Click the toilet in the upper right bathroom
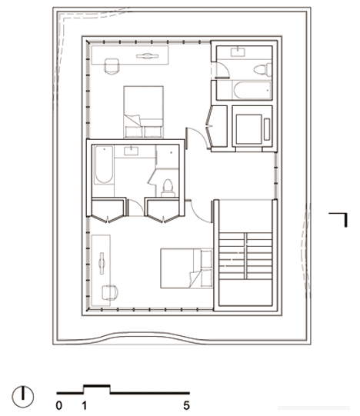pyautogui.click(x=262, y=70)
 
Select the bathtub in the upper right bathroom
pyautogui.click(x=252, y=90)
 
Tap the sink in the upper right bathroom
pyautogui.click(x=238, y=52)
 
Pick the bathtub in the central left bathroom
pyautogui.click(x=104, y=165)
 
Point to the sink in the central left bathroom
pyautogui.click(x=131, y=151)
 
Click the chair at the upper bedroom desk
pyautogui.click(x=112, y=66)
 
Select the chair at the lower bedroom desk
pyautogui.click(x=110, y=293)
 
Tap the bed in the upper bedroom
pyautogui.click(x=143, y=112)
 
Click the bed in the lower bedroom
pyautogui.click(x=187, y=268)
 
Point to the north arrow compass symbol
pyautogui.click(x=23, y=397)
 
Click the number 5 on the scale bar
pyautogui.click(x=186, y=405)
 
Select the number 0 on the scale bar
pyautogui.click(x=59, y=405)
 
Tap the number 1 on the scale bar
pyautogui.click(x=84, y=405)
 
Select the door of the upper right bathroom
pyautogui.click(x=222, y=70)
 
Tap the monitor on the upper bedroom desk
pyautogui.click(x=147, y=56)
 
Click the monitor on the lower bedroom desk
pyautogui.click(x=102, y=263)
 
